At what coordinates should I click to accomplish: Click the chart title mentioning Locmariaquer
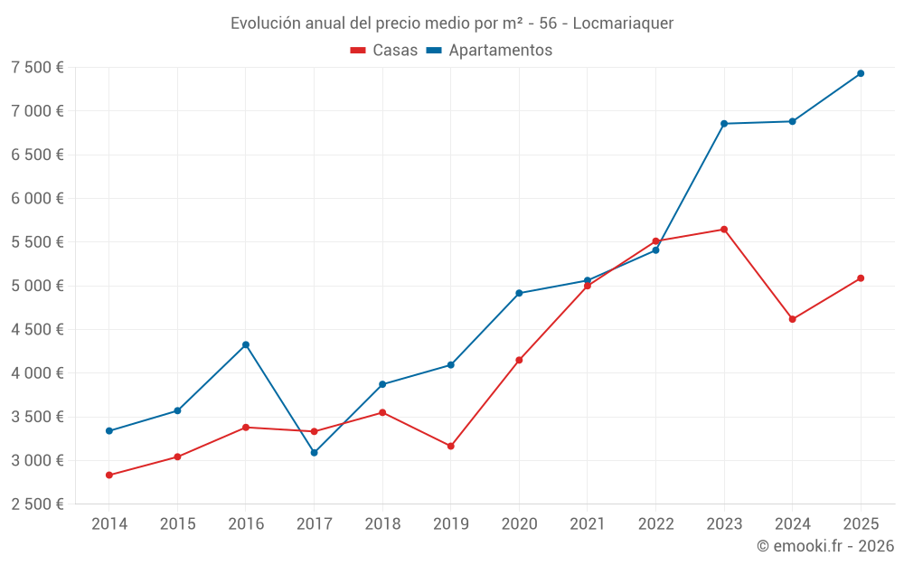[452, 24]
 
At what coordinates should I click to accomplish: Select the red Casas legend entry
[384, 50]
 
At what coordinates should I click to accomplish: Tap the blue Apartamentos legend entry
[489, 50]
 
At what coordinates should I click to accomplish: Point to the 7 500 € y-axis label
[37, 68]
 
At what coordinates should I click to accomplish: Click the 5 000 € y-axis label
[37, 286]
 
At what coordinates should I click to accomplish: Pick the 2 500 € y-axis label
[37, 504]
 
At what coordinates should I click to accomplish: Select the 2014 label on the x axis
[109, 523]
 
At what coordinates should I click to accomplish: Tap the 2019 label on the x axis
[451, 523]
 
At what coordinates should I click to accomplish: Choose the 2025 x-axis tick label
[861, 523]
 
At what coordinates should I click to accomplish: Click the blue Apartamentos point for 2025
[861, 73]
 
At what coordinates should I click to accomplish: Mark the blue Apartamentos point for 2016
[246, 344]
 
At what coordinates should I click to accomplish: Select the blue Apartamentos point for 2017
[315, 453]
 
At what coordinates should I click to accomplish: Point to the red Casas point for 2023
[724, 230]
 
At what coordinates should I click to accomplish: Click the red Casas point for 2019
[451, 447]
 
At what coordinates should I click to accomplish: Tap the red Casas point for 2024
[792, 319]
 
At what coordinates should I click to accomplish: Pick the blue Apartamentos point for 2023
[724, 123]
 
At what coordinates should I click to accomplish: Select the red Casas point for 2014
[109, 476]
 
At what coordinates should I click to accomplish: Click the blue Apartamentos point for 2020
[519, 293]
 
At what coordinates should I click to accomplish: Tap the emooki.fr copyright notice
[825, 546]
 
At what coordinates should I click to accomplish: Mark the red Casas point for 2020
[519, 361]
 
